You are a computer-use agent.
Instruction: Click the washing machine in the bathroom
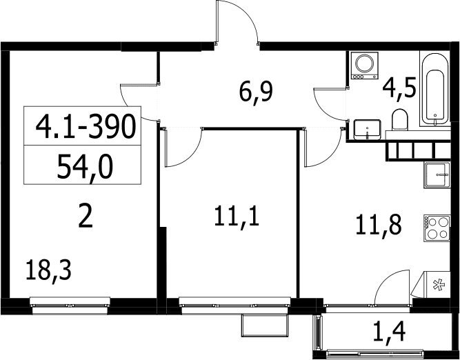[x=364, y=66]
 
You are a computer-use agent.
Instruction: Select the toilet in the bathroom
[x=400, y=120]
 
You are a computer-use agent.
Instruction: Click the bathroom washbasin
[x=368, y=130]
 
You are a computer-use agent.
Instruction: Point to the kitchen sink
[x=437, y=175]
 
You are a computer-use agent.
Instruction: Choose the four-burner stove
[x=437, y=228]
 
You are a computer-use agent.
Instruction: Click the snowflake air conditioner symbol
[x=439, y=285]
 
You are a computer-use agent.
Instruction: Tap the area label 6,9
[x=256, y=92]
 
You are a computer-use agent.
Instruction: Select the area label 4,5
[x=399, y=88]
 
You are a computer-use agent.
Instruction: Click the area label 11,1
[x=237, y=217]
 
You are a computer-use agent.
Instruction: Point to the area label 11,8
[x=378, y=226]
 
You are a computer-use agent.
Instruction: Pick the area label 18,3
[x=48, y=271]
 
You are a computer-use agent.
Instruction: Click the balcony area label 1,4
[x=389, y=332]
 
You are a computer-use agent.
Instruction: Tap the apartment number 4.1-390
[x=86, y=127]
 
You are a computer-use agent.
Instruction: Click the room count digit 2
[x=86, y=217]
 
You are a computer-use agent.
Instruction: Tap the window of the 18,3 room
[x=70, y=306]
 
